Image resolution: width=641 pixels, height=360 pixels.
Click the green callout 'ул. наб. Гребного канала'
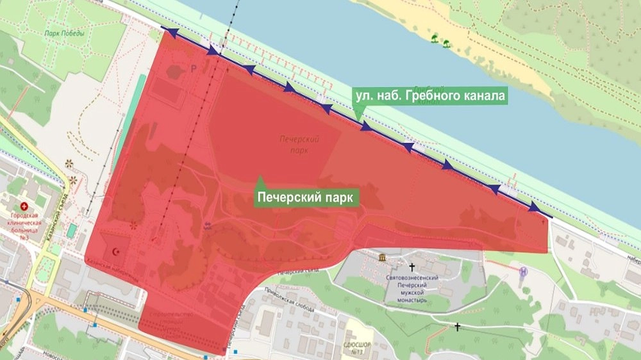(x=430, y=96)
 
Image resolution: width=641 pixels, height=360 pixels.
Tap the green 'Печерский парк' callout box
(x=307, y=197)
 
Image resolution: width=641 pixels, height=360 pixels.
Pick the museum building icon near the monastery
(x=383, y=258)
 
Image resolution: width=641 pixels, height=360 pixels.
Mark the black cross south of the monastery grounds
(x=457, y=327)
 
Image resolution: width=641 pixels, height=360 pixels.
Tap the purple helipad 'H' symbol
(x=524, y=270)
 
